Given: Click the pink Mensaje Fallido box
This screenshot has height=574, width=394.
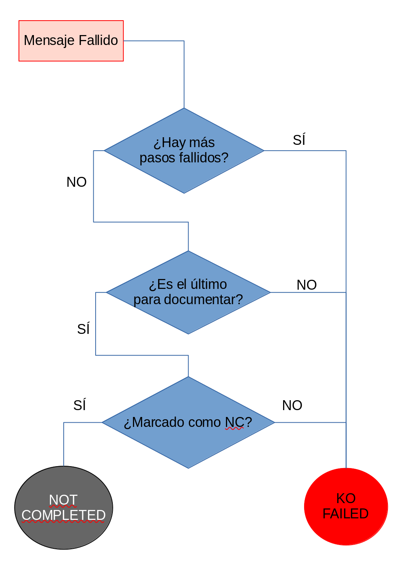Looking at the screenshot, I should click(71, 40).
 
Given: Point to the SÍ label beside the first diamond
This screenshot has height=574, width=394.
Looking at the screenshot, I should click(299, 140).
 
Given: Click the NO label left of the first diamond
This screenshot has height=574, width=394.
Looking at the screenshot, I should click(77, 182).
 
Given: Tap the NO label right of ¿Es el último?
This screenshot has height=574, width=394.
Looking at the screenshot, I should click(307, 285).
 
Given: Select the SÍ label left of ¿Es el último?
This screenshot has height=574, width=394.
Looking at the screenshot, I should click(83, 329).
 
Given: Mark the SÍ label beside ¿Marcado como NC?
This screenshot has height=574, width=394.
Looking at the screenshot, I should click(80, 405).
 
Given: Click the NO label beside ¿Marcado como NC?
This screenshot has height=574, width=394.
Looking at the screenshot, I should click(292, 405).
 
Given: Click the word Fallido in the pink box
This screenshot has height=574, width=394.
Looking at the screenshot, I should click(99, 40).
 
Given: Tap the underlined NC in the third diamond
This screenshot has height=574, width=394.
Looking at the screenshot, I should click(234, 422).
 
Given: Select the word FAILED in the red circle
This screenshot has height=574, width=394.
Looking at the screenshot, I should click(346, 514).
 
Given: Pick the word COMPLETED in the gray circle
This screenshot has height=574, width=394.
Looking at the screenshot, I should click(63, 515).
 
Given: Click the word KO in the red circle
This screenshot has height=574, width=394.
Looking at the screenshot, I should click(346, 499).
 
